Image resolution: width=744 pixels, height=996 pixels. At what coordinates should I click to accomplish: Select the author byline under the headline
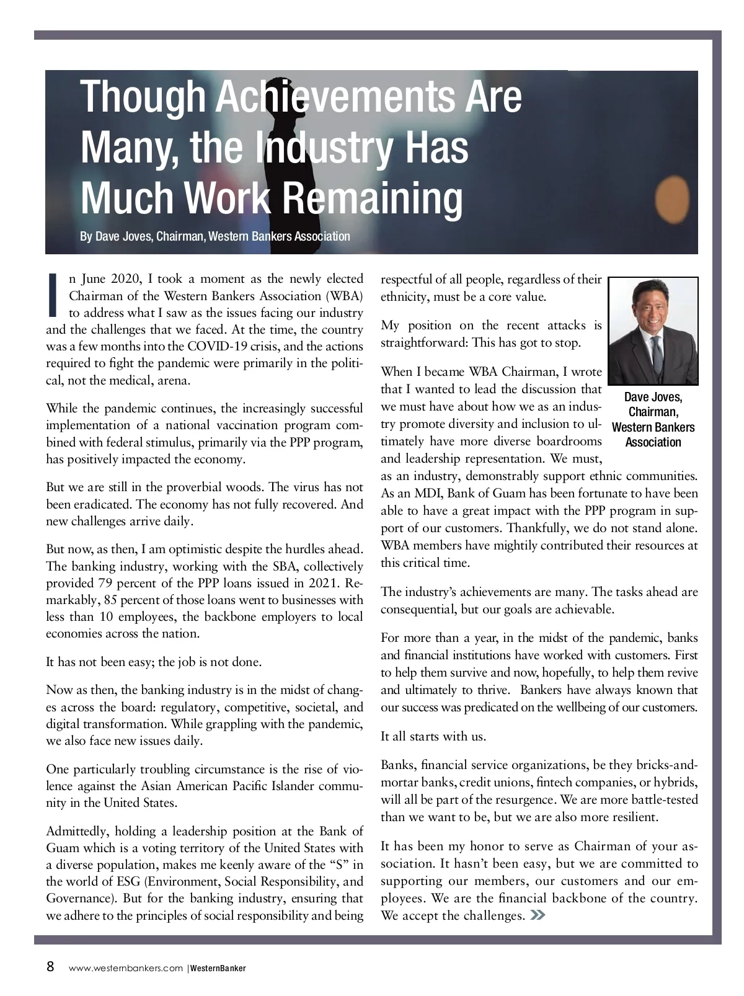click(x=215, y=236)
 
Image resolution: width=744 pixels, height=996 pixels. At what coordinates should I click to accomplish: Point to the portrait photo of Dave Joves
click(x=653, y=331)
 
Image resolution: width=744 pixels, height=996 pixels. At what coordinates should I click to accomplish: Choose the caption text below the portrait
click(x=653, y=419)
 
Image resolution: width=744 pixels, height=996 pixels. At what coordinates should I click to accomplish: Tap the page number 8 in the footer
click(x=51, y=967)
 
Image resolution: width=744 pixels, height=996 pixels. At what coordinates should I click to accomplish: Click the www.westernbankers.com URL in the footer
click(x=125, y=968)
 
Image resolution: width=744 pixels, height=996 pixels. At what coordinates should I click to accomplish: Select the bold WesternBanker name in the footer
click(x=218, y=968)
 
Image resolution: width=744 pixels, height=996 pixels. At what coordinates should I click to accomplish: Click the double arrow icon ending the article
click(x=538, y=915)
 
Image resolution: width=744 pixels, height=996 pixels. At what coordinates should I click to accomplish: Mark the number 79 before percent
click(x=105, y=583)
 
